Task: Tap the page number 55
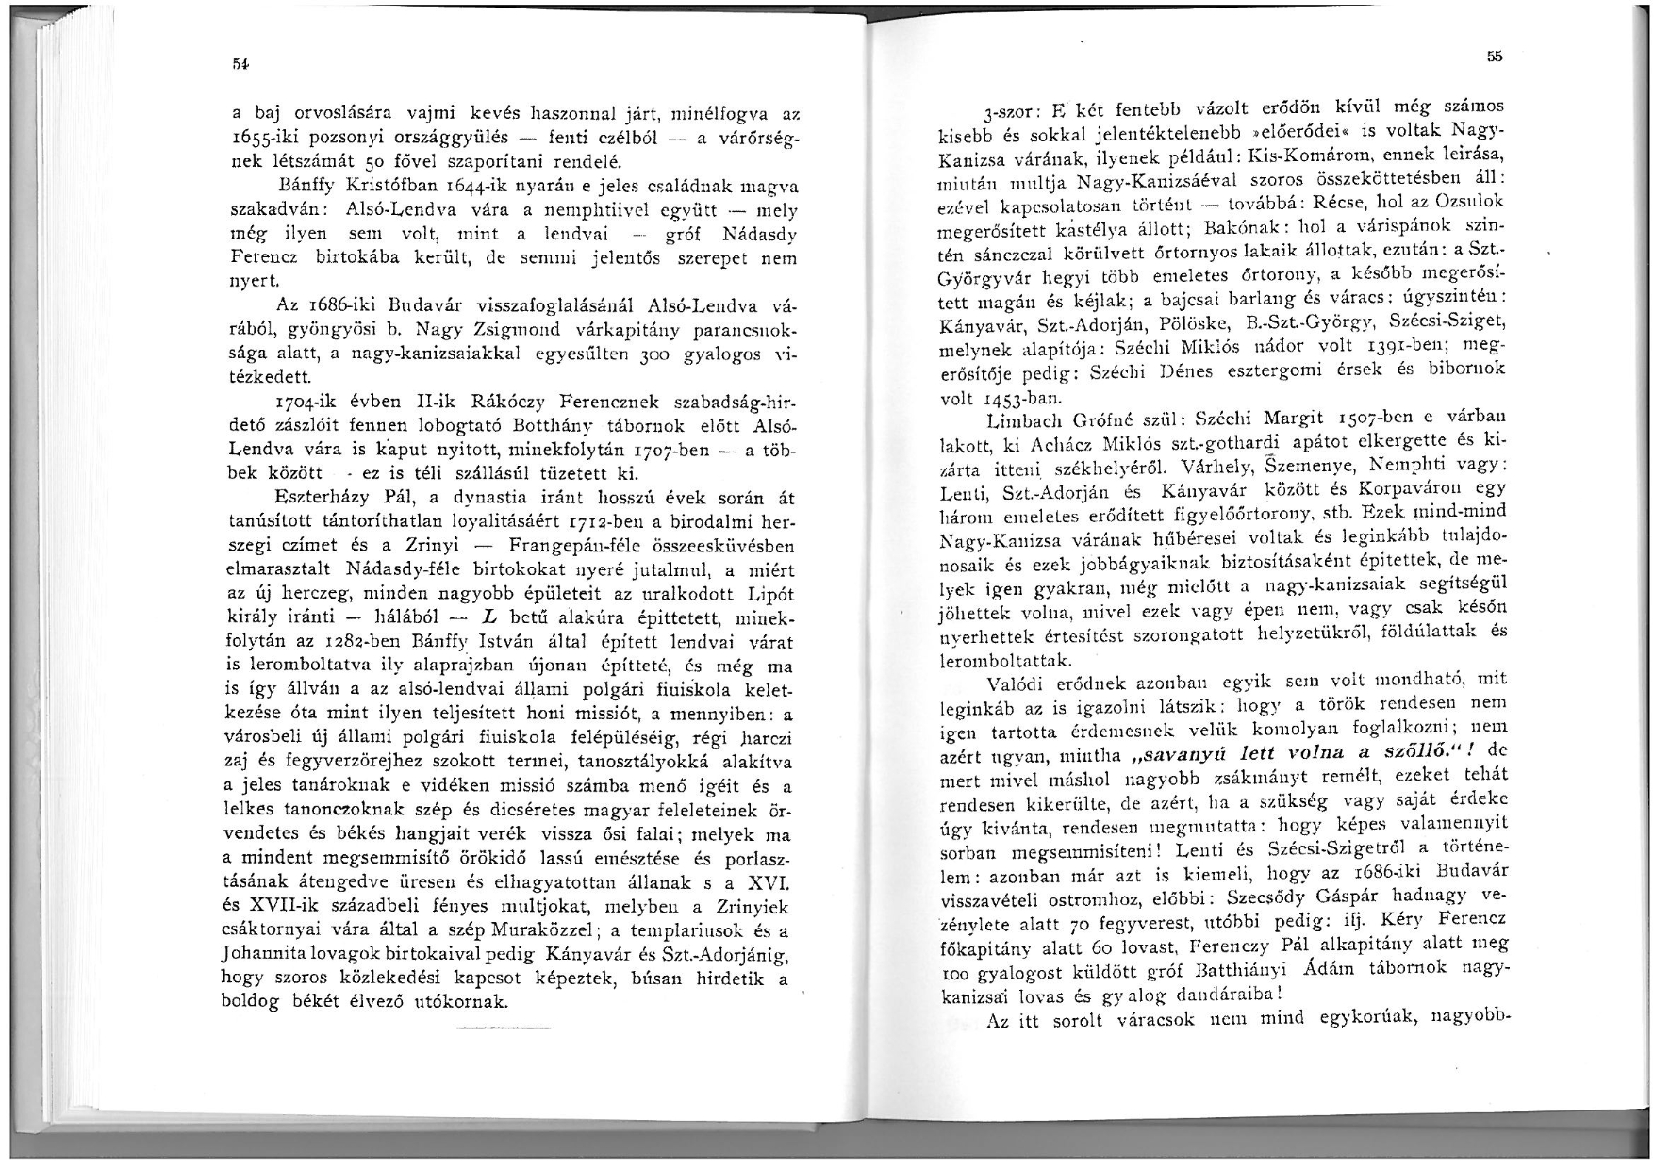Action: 1494,57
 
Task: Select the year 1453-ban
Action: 1002,397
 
